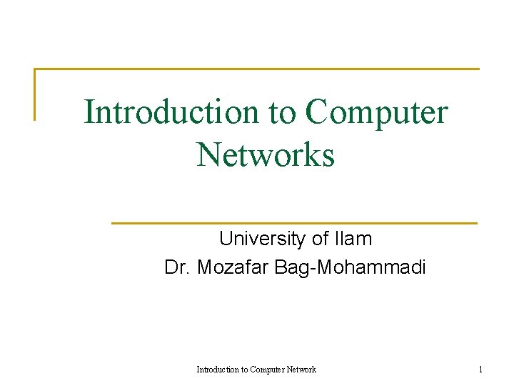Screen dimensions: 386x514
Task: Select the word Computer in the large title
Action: pos(376,112)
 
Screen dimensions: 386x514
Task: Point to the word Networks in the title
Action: pos(266,154)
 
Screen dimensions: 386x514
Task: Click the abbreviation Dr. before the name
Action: pos(178,268)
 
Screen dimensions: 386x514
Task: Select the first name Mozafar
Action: pos(233,268)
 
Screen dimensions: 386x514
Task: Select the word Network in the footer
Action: pos(302,370)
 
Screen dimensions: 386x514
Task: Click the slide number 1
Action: pos(480,370)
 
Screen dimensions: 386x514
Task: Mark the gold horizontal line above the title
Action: pos(257,69)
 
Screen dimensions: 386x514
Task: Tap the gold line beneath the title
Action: pos(294,223)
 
